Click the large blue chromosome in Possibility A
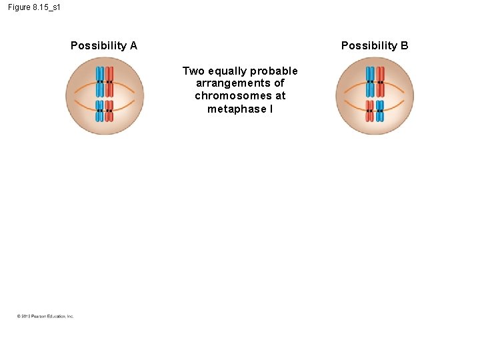click(x=99, y=81)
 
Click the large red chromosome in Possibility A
click(x=109, y=81)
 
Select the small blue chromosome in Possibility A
click(x=99, y=111)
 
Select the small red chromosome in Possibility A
click(x=109, y=111)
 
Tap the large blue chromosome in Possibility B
click(x=370, y=81)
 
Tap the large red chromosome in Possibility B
click(x=380, y=81)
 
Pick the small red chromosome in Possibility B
click(x=370, y=111)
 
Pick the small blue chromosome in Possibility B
click(x=379, y=111)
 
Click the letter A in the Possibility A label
click(x=133, y=46)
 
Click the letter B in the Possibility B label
click(x=404, y=46)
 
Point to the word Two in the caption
click(x=193, y=71)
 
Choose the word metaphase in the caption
click(x=236, y=109)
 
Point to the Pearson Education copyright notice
click(x=45, y=316)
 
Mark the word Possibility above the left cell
click(x=99, y=46)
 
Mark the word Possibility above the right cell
click(x=369, y=46)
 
